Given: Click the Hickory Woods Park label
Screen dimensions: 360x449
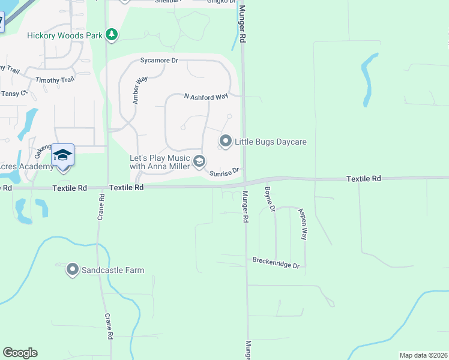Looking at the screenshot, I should pos(65,35).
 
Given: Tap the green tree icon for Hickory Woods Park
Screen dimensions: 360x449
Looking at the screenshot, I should pos(111,35).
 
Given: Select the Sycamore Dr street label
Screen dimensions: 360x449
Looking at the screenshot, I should pos(160,61).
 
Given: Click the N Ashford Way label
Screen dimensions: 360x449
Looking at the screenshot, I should pos(206,96).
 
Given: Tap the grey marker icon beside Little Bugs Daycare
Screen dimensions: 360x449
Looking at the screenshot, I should pos(226,142).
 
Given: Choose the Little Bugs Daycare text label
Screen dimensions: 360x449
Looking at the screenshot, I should pos(271,142).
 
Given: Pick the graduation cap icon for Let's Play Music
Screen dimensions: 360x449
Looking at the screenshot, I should pos(199,161).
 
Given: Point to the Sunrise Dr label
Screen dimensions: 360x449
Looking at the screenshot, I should pos(224,172).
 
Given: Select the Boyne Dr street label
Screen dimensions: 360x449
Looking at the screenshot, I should pos(269,200).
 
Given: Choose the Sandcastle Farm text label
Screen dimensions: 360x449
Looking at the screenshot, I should pos(114,270).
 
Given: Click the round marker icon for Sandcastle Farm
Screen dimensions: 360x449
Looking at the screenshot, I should pos(73,270).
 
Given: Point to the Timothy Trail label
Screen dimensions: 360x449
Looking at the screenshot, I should pos(55,80).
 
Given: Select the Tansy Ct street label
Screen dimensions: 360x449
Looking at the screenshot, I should pos(14,94).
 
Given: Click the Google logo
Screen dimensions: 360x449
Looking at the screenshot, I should pos(20,353).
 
